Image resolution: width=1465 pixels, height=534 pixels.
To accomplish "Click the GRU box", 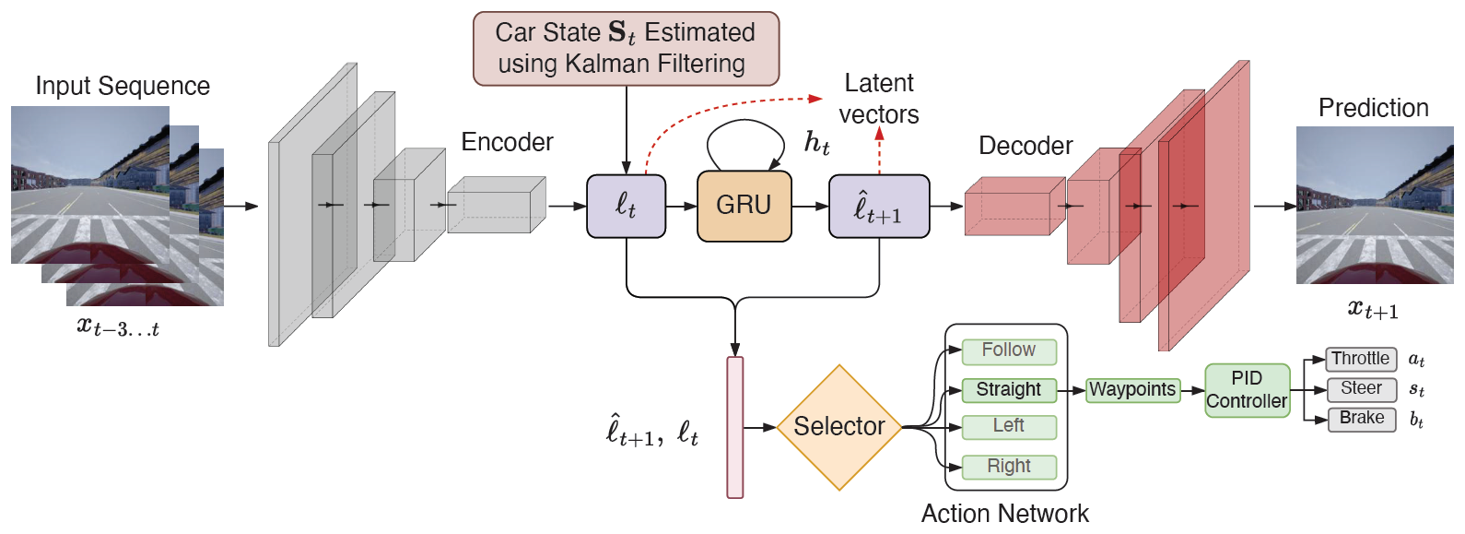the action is [x=744, y=207].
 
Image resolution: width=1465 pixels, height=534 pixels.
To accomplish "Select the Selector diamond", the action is [x=839, y=427].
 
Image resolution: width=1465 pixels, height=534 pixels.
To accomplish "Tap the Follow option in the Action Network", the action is [x=1009, y=351].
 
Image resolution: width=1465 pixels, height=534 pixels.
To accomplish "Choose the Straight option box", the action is [x=1009, y=390].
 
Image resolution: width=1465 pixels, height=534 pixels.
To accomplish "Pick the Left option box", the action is [x=1009, y=427].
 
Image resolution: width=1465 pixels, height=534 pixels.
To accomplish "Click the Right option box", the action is [x=1009, y=467].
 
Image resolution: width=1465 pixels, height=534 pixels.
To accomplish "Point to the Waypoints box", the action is [x=1132, y=390].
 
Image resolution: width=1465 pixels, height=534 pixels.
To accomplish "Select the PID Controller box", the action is [x=1248, y=390].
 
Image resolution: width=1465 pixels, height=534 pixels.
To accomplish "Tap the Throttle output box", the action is [x=1361, y=360].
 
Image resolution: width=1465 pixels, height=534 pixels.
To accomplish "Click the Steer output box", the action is [x=1362, y=389].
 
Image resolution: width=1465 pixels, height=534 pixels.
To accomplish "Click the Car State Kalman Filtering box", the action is [x=626, y=49].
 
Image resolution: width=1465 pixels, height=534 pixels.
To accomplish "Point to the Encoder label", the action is [x=507, y=142].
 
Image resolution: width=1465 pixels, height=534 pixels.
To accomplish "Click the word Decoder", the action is [x=1025, y=146].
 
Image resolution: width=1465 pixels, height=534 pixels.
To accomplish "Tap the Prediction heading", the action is [x=1374, y=108].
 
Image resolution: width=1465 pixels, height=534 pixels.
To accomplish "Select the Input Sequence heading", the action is [x=123, y=87].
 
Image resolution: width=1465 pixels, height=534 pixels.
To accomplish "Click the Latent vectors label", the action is [x=879, y=99].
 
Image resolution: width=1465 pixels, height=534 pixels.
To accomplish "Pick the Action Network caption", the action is [x=1005, y=514].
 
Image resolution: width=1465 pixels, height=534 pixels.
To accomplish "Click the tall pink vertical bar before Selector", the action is [x=735, y=427].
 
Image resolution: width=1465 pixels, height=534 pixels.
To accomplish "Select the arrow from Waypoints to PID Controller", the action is [x=1193, y=391].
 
